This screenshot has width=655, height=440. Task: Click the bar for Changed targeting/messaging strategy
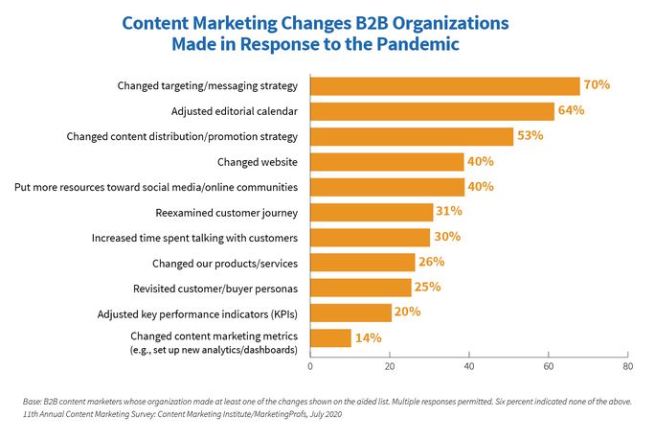(x=445, y=85)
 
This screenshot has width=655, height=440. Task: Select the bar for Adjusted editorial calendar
(x=433, y=110)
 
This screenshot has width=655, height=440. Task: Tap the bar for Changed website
(x=388, y=161)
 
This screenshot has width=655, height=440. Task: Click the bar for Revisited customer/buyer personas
(x=361, y=287)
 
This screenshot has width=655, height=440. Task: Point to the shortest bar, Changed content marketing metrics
(x=331, y=337)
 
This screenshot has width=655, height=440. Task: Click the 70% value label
(x=597, y=85)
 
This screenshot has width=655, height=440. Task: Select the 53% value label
(x=530, y=136)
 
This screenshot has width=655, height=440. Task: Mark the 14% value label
(x=369, y=337)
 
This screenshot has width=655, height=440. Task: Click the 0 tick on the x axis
(x=310, y=366)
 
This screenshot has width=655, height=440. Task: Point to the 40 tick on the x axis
(x=468, y=366)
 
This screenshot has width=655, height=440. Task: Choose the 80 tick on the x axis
(x=626, y=366)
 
